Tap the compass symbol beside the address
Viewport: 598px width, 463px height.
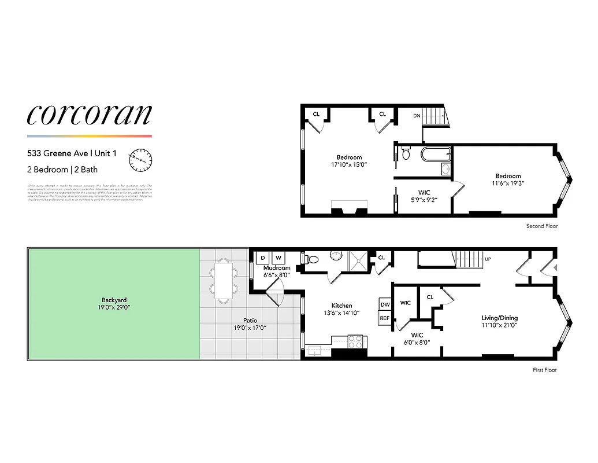point(140,160)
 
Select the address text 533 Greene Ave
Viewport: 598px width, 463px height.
point(58,153)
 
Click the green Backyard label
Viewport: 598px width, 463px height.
point(114,300)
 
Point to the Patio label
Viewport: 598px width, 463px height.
point(250,320)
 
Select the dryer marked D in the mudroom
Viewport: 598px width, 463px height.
point(263,258)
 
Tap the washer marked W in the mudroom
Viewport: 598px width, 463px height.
point(278,258)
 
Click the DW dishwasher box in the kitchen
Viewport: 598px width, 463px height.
point(385,304)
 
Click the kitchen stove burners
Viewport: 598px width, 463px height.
point(356,341)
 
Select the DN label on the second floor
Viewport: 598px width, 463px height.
point(417,116)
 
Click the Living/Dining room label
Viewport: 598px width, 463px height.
point(500,318)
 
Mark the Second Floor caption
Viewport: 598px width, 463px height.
point(541,226)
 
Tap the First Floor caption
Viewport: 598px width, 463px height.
point(544,370)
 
